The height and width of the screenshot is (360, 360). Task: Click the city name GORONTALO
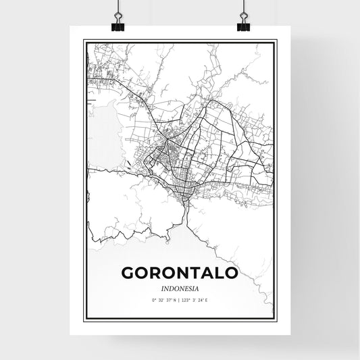(180, 272)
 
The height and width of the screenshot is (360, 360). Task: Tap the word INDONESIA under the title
(180, 287)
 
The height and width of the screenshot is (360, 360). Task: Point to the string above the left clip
(118, 7)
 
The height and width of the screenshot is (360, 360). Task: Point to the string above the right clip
(242, 7)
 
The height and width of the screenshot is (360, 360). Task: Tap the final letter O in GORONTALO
(230, 272)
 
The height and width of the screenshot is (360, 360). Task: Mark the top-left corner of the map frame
(83, 40)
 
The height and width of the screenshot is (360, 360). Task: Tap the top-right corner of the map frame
(277, 40)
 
